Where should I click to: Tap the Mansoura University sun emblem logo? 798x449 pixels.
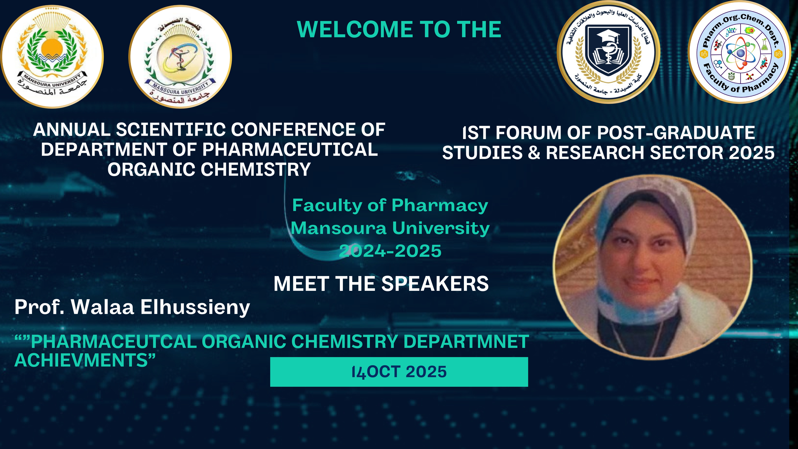(x=52, y=57)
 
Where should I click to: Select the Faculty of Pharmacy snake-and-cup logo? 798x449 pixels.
(x=180, y=57)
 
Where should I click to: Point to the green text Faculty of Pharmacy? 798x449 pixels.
(x=390, y=205)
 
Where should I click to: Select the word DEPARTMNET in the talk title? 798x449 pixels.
(x=466, y=342)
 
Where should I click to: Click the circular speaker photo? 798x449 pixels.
(x=653, y=267)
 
